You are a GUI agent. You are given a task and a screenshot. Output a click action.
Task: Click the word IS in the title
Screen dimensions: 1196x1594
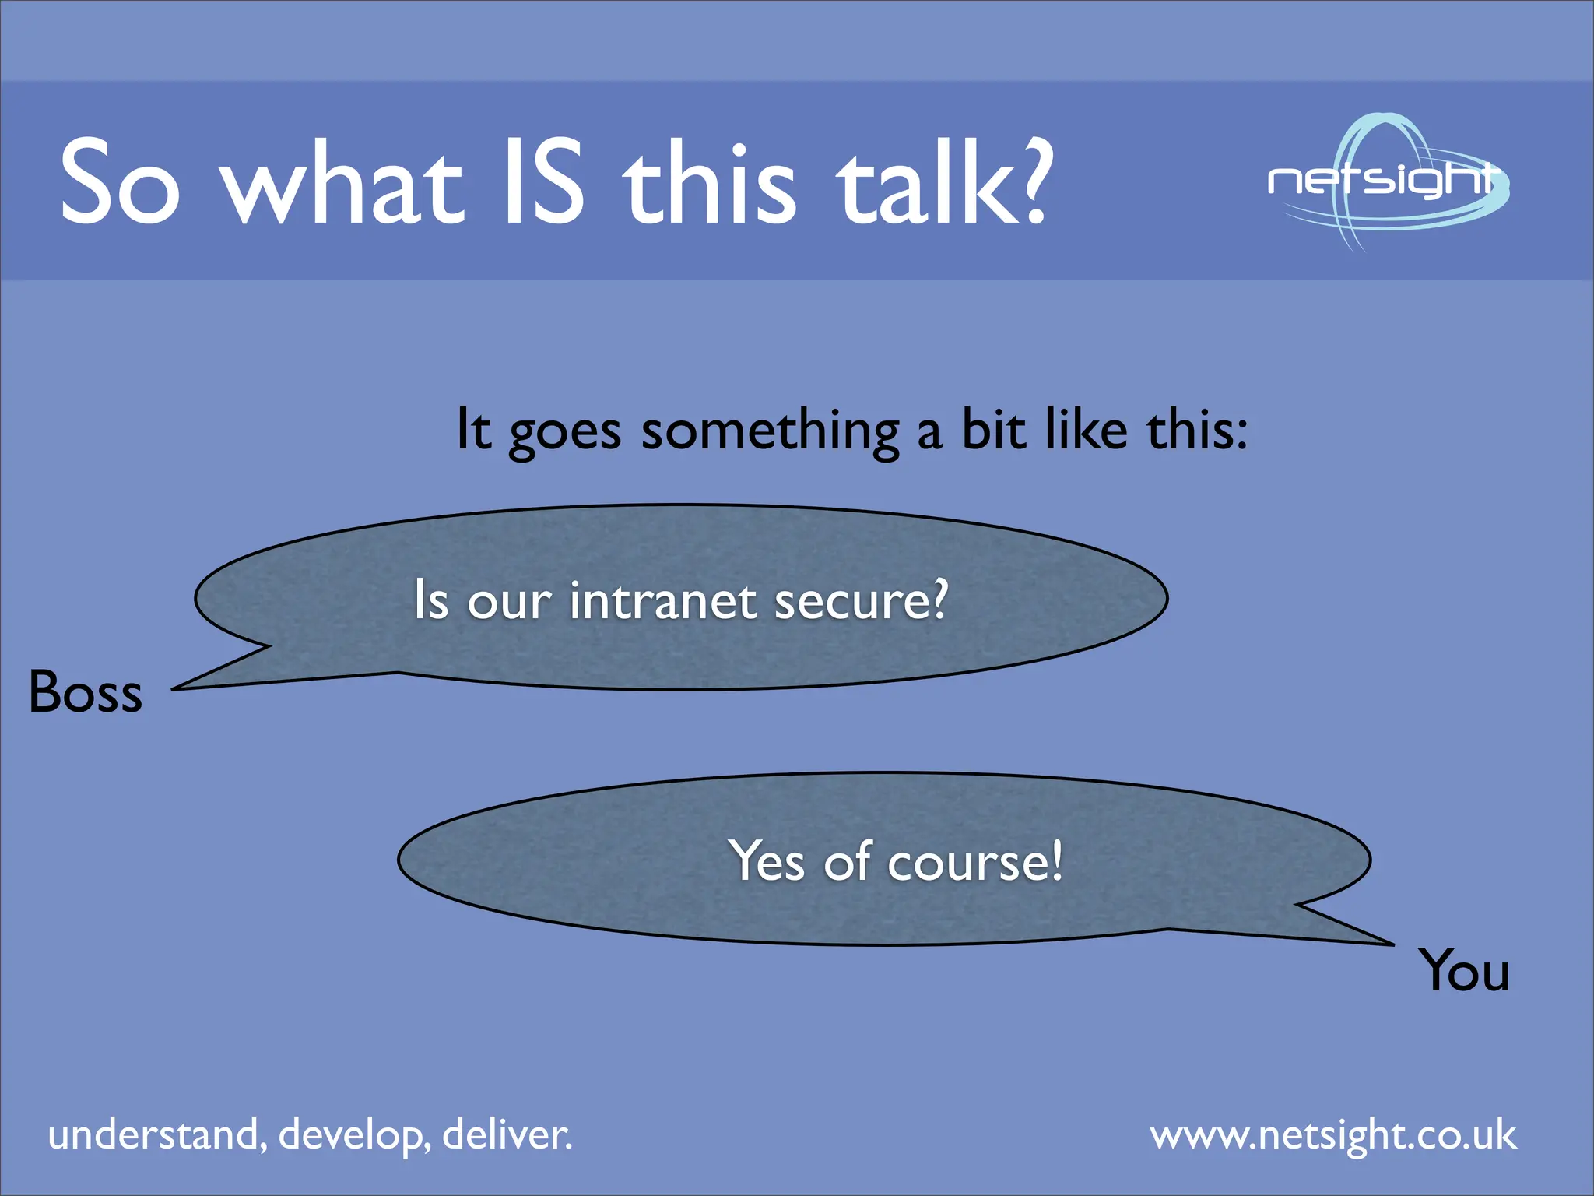(543, 182)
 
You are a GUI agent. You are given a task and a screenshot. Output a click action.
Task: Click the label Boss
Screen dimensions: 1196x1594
(86, 692)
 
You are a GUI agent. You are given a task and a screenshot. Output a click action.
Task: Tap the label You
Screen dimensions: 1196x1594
(1463, 971)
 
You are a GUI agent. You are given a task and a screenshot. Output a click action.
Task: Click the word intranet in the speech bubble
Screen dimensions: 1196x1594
(662, 601)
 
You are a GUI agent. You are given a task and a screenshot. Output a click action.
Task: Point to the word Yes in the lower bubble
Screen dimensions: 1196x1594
(767, 861)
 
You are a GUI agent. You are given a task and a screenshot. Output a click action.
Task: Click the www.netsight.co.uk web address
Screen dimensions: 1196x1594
(1332, 1136)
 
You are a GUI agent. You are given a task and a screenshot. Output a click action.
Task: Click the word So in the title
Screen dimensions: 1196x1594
(121, 182)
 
